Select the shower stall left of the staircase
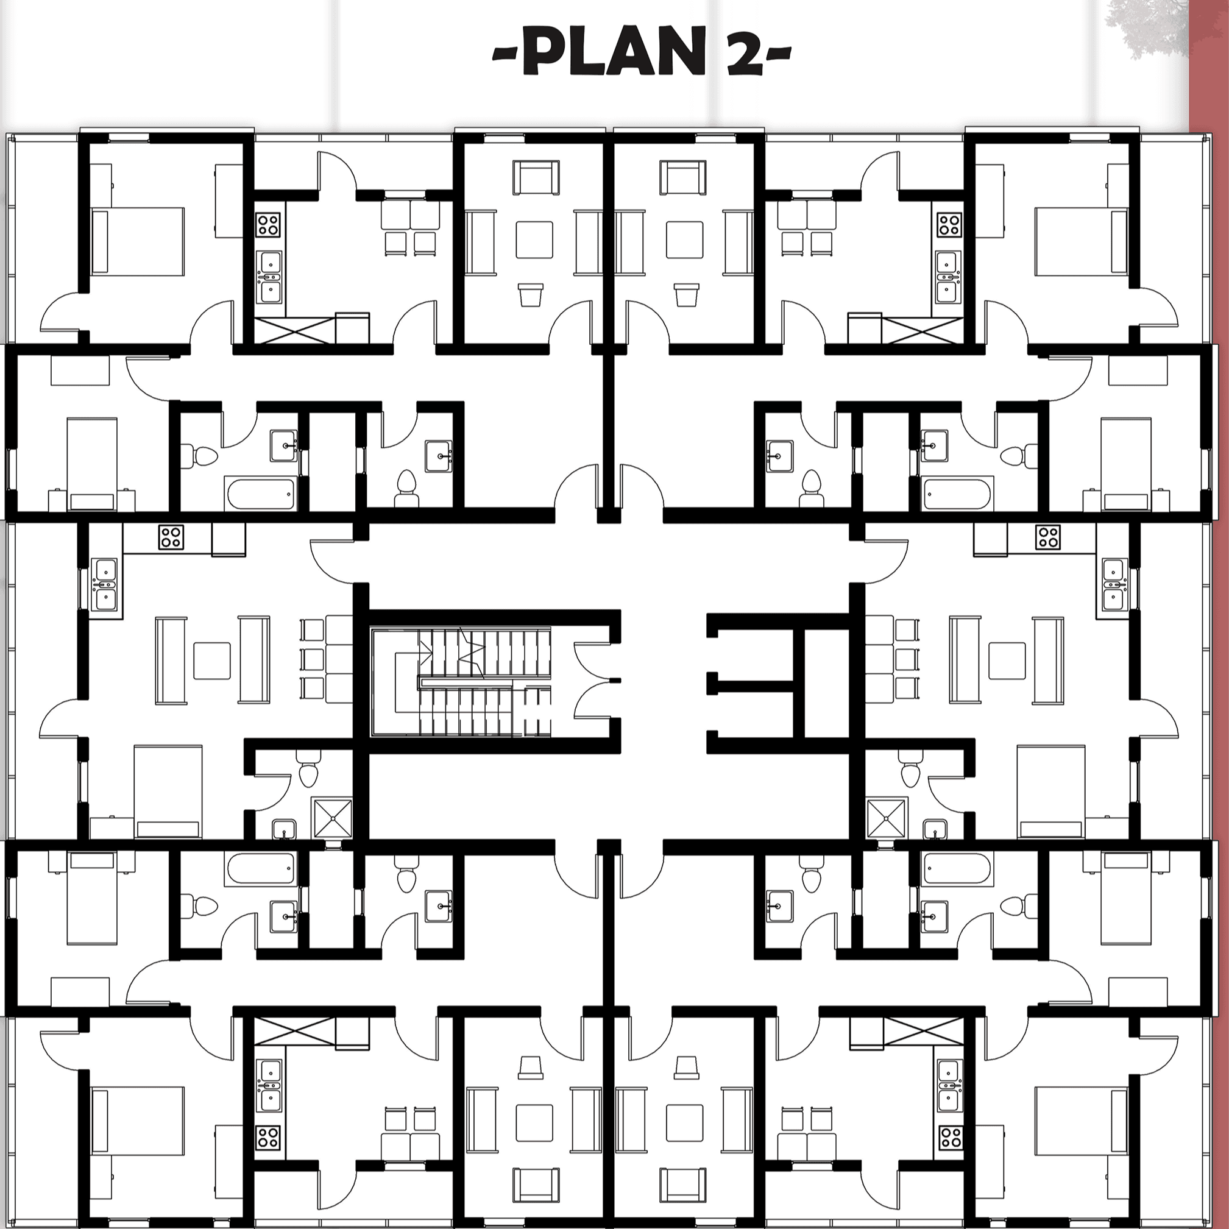click(x=331, y=819)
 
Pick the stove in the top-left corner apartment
click(x=269, y=225)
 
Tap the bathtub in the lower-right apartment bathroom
click(x=957, y=869)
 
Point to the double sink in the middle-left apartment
click(x=104, y=584)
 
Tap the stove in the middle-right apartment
click(x=1047, y=537)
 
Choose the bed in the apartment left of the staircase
click(x=168, y=792)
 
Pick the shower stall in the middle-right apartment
click(x=887, y=819)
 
